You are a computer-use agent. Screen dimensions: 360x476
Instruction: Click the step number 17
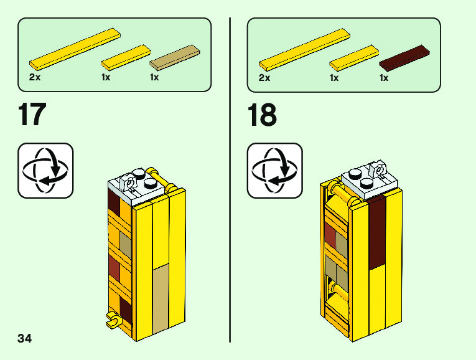tap(32, 116)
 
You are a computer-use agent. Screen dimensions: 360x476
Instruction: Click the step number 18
tap(262, 116)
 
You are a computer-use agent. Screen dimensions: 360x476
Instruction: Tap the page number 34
tap(25, 339)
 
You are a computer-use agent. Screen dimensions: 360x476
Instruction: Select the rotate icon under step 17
tap(45, 171)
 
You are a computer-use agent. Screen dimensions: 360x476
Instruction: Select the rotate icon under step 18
tap(274, 171)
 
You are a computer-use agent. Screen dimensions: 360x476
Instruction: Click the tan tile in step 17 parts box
tap(175, 57)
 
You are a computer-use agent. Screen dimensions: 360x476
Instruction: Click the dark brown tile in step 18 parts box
tap(404, 57)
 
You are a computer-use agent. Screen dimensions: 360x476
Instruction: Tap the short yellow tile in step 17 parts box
tap(126, 57)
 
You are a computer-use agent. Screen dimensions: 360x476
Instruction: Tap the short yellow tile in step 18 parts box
tap(355, 57)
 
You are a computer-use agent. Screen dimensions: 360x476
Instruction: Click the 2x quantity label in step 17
tap(35, 78)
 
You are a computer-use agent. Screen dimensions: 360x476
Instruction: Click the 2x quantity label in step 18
tap(264, 78)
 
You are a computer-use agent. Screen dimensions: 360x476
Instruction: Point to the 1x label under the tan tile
tap(154, 78)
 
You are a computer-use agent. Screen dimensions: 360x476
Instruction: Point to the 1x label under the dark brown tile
tap(384, 78)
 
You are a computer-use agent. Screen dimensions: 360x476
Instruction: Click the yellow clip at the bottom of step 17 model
tap(113, 320)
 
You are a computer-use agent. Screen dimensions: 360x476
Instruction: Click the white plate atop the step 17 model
tap(138, 186)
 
